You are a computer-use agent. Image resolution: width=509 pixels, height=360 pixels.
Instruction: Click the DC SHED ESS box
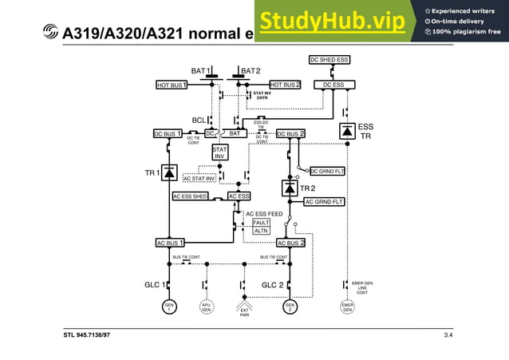pyautogui.click(x=330, y=60)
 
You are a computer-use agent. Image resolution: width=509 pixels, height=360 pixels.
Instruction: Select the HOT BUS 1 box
pyautogui.click(x=172, y=85)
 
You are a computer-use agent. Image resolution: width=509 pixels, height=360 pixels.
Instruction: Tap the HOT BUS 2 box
pyautogui.click(x=285, y=85)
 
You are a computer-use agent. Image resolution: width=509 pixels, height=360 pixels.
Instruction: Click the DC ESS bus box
pyautogui.click(x=333, y=85)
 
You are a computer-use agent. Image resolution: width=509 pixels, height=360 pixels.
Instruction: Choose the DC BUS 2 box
pyautogui.click(x=291, y=134)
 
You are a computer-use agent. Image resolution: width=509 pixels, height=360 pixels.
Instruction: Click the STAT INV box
pyautogui.click(x=220, y=152)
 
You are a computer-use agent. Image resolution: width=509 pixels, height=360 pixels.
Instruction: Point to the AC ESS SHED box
pyautogui.click(x=191, y=196)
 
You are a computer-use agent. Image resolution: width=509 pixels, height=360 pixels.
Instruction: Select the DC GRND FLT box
pyautogui.click(x=326, y=171)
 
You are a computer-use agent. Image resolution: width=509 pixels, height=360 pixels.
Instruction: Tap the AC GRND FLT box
pyautogui.click(x=325, y=202)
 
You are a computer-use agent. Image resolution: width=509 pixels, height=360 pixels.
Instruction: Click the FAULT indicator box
pyautogui.click(x=261, y=223)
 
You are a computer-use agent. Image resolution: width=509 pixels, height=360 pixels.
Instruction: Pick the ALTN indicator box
pyautogui.click(x=261, y=231)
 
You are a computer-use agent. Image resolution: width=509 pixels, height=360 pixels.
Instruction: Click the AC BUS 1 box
pyautogui.click(x=170, y=243)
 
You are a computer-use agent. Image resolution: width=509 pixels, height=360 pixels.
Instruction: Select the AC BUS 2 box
pyautogui.click(x=291, y=243)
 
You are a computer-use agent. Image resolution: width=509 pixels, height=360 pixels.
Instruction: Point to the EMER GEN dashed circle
pyautogui.click(x=348, y=307)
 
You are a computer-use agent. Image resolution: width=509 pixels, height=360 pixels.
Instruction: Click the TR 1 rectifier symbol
pyautogui.click(x=169, y=172)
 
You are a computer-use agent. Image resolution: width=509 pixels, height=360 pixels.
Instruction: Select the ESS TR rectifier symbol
pyautogui.click(x=347, y=130)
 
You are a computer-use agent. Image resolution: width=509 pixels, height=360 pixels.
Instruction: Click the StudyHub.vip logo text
pyautogui.click(x=332, y=22)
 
